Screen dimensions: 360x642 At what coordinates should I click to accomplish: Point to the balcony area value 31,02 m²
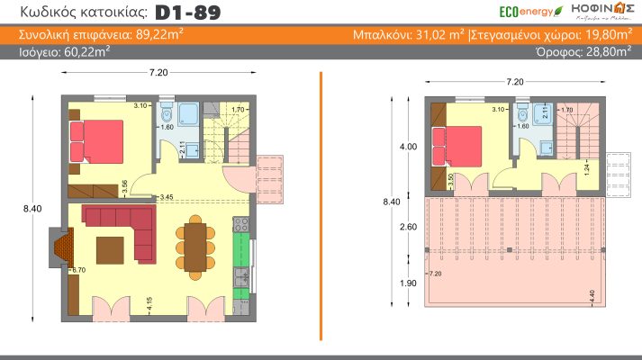click(437, 35)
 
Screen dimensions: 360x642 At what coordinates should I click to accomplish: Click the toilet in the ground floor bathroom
click(166, 116)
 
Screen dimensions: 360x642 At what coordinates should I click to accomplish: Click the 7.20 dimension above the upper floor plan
click(514, 82)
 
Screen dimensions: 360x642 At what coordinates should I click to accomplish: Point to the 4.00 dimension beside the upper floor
click(409, 146)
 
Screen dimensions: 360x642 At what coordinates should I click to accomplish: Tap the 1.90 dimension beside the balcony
click(409, 282)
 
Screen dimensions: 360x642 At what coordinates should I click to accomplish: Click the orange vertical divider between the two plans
click(321, 207)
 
